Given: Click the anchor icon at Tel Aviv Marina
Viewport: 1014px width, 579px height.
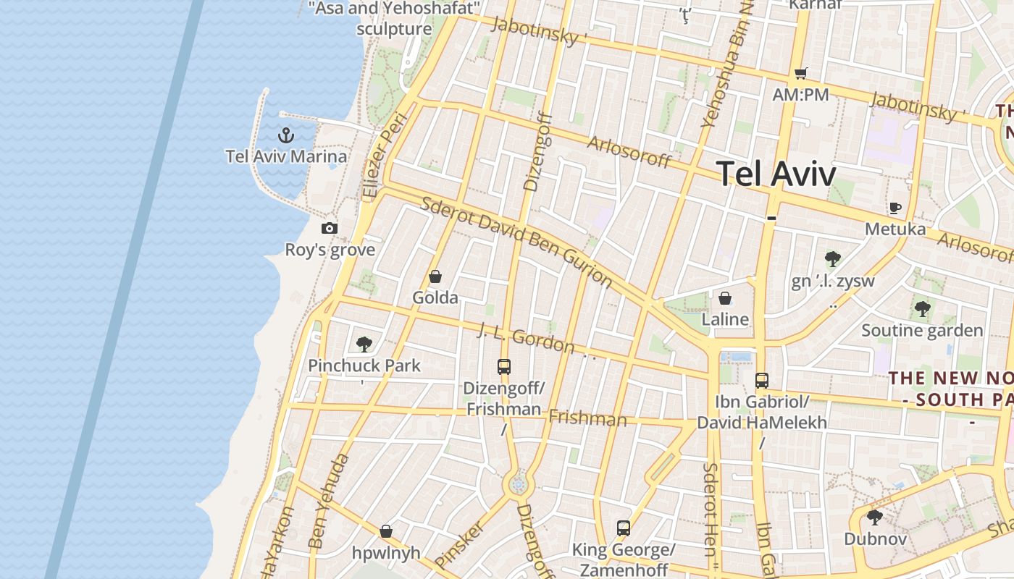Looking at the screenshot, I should tap(286, 135).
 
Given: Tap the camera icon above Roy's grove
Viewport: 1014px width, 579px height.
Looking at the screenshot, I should tap(330, 229).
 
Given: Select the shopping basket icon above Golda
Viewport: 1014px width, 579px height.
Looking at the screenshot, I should tap(435, 276).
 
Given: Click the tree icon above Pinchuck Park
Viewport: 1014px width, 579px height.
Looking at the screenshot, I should tap(364, 345).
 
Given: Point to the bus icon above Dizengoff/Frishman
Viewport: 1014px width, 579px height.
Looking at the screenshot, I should tap(504, 367).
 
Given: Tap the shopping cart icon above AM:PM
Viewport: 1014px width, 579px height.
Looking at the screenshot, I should tap(800, 73).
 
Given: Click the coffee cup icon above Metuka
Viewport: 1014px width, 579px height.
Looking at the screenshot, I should tap(895, 208).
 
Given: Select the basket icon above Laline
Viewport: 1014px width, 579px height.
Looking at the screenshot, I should tap(725, 298).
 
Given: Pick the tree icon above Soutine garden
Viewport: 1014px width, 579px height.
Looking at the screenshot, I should tap(922, 310).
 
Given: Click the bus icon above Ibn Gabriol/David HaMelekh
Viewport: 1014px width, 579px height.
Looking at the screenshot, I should tap(761, 381).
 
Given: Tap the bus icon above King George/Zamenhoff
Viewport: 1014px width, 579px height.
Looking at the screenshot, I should tap(624, 528).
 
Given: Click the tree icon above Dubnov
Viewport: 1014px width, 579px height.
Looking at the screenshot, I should tap(875, 517).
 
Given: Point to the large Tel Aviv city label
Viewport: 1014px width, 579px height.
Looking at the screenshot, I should tap(776, 174).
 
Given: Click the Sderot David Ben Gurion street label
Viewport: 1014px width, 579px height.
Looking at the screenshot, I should tap(516, 241).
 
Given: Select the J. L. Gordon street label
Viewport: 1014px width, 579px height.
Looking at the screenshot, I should tap(527, 339).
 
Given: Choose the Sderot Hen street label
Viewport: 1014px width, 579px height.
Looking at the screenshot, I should tap(711, 510).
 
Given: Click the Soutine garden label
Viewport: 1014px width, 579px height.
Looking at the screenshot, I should tap(922, 331).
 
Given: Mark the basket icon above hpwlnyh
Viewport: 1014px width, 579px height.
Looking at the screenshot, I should tap(386, 532).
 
